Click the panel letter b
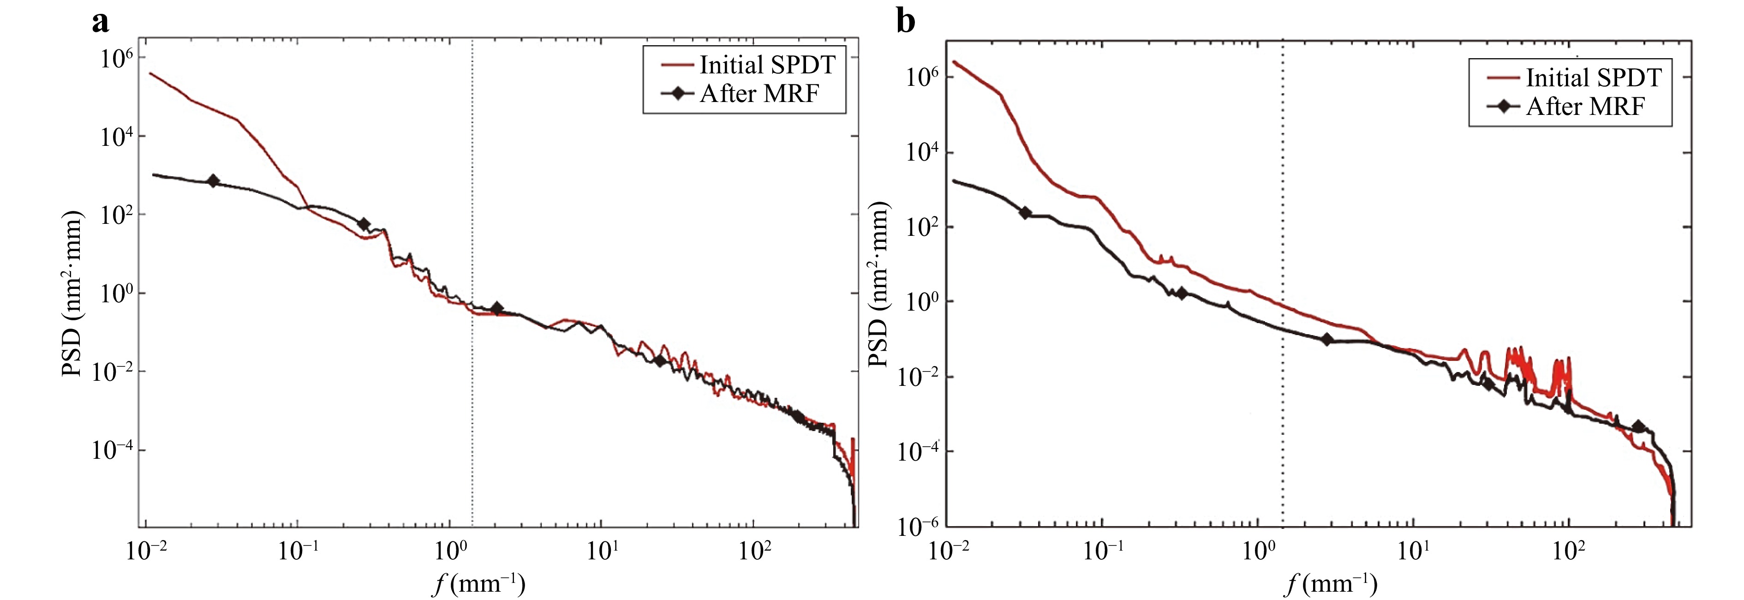pyautogui.click(x=905, y=22)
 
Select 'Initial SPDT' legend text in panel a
pyautogui.click(x=767, y=65)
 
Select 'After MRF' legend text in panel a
pyautogui.click(x=759, y=93)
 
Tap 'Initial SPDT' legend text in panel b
pyautogui.click(x=1593, y=78)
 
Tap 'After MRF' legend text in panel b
pyautogui.click(x=1585, y=106)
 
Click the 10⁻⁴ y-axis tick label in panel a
pyautogui.click(x=114, y=450)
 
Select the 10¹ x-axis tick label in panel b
pyautogui.click(x=1412, y=551)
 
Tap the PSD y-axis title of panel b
pyautogui.click(x=878, y=284)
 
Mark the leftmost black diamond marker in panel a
pyautogui.click(x=213, y=181)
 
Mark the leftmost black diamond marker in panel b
pyautogui.click(x=1025, y=213)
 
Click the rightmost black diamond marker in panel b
pyautogui.click(x=1638, y=426)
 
